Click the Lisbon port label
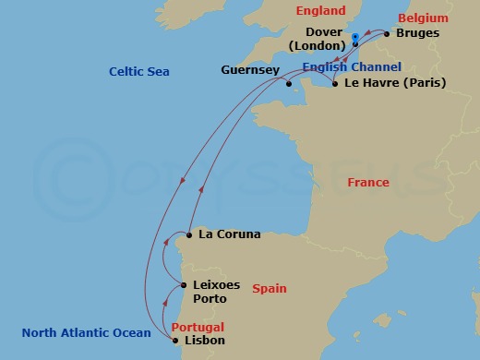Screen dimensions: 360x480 204,341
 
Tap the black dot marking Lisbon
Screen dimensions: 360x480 176,340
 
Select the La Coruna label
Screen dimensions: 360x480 229,234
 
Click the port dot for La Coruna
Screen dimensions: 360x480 188,234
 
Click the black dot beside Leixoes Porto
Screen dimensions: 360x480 185,286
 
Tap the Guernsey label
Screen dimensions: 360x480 248,70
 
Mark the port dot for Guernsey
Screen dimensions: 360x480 289,83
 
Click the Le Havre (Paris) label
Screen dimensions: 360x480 394,82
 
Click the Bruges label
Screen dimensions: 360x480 416,33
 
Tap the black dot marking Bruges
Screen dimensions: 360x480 387,33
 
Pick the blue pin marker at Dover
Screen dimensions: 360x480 355,39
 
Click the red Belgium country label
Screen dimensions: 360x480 423,18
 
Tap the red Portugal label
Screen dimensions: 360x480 198,327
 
